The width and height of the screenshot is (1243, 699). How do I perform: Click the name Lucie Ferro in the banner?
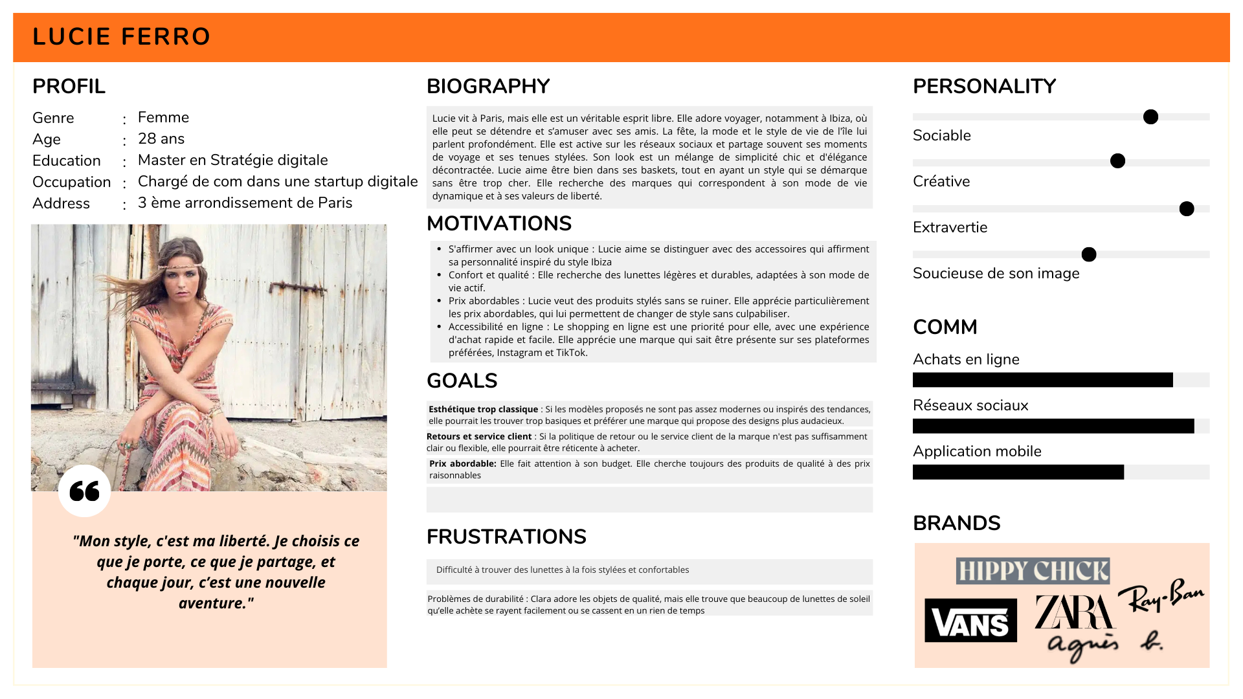[122, 37]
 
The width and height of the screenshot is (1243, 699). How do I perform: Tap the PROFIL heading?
[69, 86]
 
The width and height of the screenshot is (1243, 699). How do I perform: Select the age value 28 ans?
[161, 139]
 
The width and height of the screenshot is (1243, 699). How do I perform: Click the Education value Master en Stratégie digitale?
[232, 160]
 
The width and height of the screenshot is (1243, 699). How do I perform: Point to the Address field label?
[61, 203]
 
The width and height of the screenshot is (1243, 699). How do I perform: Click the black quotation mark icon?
[84, 491]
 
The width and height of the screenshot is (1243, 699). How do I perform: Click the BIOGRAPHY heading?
[488, 86]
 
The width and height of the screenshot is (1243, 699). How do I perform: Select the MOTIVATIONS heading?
[498, 223]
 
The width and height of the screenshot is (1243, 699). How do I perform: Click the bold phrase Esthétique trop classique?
[483, 409]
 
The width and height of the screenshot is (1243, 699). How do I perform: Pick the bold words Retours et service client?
[479, 436]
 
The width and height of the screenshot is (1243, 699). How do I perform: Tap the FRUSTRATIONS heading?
[506, 537]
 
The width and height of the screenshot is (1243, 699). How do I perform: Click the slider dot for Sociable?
[1150, 117]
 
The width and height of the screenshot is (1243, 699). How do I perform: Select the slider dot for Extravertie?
[1187, 208]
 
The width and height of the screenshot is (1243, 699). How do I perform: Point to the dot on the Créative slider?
[1117, 161]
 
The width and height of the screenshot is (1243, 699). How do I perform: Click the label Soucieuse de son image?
[996, 273]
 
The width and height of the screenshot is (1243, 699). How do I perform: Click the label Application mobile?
[977, 451]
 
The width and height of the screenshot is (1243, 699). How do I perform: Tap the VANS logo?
[970, 621]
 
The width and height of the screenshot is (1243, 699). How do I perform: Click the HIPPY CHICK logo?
[1033, 571]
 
